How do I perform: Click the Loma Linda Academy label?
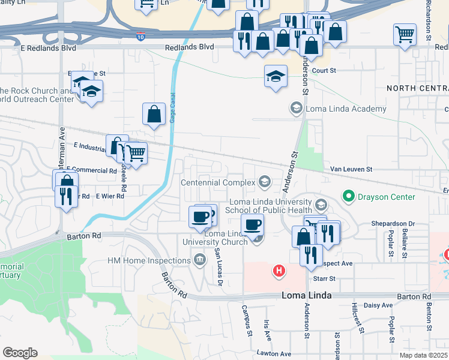346,109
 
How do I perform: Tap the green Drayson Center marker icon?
348,196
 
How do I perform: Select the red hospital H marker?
279,271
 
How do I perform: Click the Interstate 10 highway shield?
140,36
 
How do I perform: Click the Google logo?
20,352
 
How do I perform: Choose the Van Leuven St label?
351,170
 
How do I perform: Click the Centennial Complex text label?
217,182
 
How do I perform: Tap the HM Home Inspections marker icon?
199,260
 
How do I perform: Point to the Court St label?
324,70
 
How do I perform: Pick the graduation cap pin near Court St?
276,76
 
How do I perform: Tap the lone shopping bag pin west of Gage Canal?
154,113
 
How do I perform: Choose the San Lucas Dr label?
218,266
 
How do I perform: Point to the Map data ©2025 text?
423,355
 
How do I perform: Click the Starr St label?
322,278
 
